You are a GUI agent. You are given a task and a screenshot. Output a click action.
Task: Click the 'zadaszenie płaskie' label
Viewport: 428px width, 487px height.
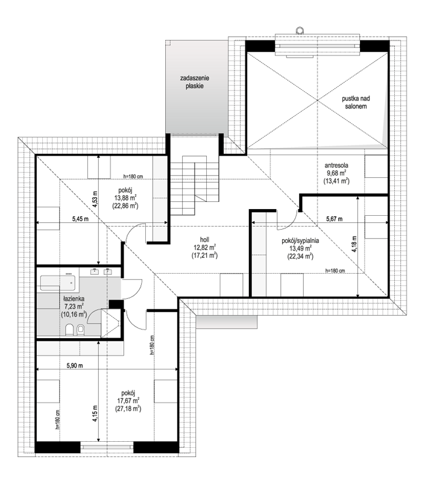coord(195,82)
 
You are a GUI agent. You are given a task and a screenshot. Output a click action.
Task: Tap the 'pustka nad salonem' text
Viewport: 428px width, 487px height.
coord(356,102)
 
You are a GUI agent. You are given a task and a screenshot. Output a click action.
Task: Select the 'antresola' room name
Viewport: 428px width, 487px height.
coord(336,166)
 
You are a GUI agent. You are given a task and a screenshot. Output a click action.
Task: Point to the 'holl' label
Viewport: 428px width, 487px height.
coord(204,240)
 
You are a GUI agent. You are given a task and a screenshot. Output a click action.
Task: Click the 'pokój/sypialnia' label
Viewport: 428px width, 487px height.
coord(300,240)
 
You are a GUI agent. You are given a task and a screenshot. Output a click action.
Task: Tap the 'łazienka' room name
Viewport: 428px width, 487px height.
coord(74,299)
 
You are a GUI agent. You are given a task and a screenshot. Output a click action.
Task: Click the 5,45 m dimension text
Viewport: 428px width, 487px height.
coord(80,219)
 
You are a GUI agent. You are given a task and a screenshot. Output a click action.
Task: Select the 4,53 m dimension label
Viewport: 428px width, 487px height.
coord(95,199)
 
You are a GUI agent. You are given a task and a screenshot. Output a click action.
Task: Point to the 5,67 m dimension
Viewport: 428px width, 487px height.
coord(335,219)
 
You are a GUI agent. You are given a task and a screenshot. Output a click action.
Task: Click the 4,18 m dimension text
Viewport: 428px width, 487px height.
coord(354,245)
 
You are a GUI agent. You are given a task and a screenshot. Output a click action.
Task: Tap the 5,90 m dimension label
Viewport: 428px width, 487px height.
coord(75,366)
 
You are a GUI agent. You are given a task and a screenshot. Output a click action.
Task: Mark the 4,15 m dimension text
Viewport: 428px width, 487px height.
coord(95,413)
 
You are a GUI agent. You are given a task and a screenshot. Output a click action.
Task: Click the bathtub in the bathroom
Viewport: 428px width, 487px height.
coord(58,282)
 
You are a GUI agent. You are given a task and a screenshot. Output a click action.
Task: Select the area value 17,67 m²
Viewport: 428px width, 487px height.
coord(128,401)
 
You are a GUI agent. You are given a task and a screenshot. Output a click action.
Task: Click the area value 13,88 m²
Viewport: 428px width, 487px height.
coord(126,198)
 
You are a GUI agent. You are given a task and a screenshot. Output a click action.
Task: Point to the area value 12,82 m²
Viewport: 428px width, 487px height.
coord(204,248)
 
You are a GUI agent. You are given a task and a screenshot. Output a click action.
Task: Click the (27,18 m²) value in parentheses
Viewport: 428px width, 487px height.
coord(128,409)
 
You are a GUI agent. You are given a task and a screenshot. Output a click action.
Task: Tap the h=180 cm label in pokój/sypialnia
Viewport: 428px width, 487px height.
coord(335,271)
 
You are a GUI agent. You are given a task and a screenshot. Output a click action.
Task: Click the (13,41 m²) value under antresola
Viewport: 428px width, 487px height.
coord(336,181)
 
